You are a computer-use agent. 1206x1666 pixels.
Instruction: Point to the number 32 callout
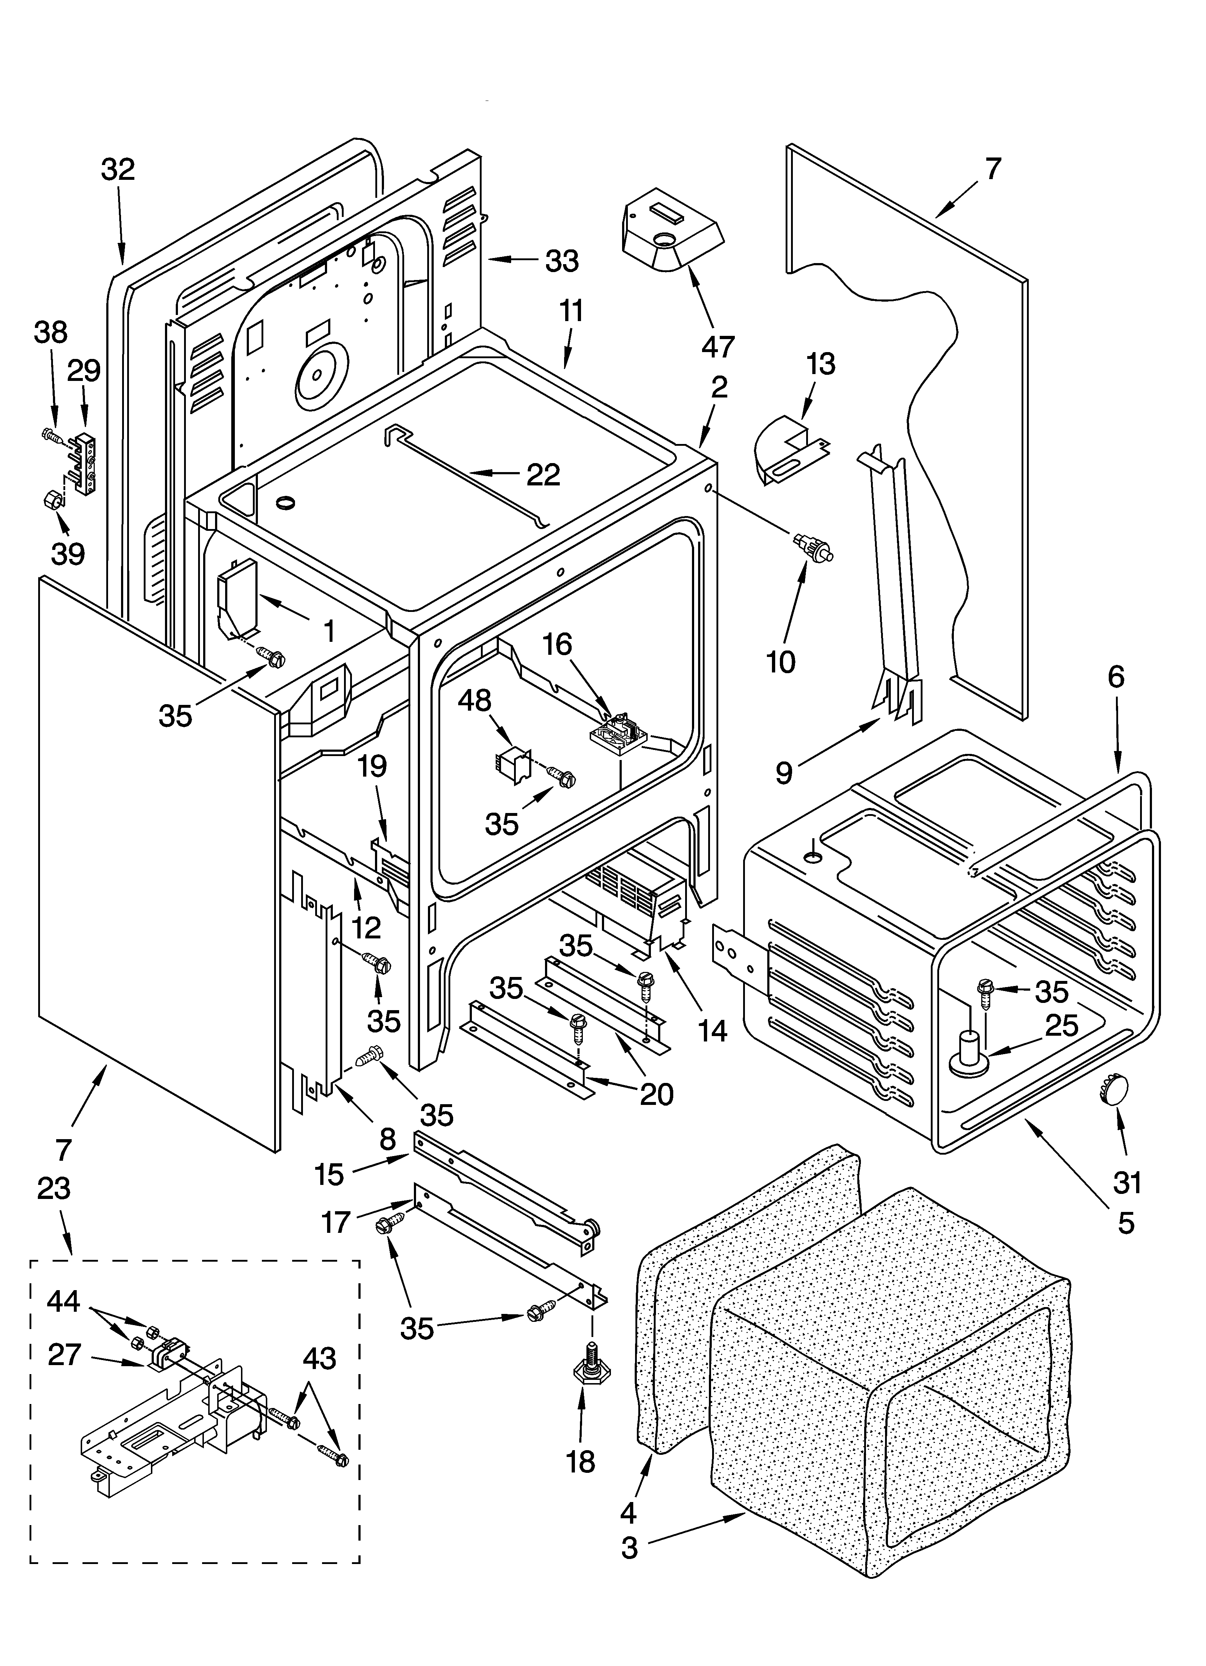(x=118, y=170)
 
